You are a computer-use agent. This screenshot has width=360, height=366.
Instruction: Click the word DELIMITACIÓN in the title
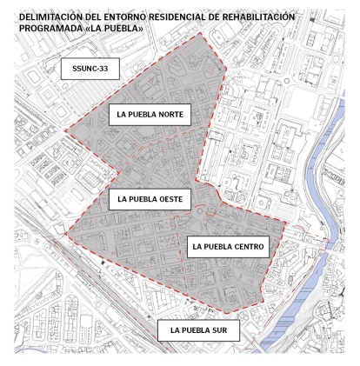49,17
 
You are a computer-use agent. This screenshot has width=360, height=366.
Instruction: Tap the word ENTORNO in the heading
122,17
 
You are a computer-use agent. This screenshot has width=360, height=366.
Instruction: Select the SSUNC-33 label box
90,70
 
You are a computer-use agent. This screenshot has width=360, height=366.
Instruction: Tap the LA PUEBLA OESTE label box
150,199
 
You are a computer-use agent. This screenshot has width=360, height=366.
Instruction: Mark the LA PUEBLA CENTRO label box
227,246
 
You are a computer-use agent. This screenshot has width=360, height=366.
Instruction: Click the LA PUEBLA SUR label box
200,329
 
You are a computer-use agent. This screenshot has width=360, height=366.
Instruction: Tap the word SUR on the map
221,329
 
